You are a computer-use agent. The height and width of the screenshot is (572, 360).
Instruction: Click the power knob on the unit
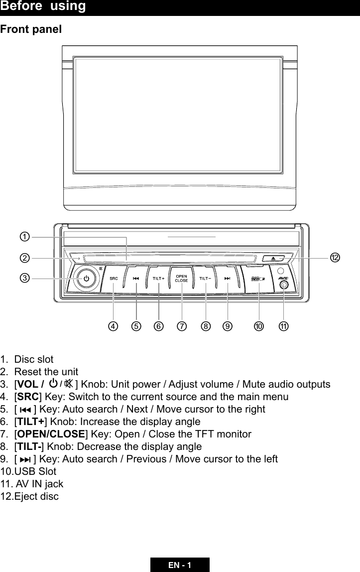pyautogui.click(x=86, y=279)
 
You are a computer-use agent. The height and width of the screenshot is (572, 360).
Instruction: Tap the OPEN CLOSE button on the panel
pyautogui.click(x=181, y=278)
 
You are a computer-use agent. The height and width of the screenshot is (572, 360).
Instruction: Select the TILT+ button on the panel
pyautogui.click(x=158, y=279)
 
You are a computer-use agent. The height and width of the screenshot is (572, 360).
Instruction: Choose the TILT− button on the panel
pyautogui.click(x=205, y=279)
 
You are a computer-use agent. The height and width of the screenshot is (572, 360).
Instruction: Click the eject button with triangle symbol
pyautogui.click(x=273, y=258)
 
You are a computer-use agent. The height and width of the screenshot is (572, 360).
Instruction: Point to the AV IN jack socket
pyautogui.click(x=283, y=286)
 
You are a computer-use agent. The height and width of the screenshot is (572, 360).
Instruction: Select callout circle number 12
pyautogui.click(x=335, y=257)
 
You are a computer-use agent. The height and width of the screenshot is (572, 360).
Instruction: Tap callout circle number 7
pyautogui.click(x=182, y=326)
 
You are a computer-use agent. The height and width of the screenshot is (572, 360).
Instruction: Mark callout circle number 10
pyautogui.click(x=258, y=326)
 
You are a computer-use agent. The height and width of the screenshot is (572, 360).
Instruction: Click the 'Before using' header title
pyautogui.click(x=43, y=6)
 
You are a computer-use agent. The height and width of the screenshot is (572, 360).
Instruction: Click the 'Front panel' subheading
pyautogui.click(x=31, y=29)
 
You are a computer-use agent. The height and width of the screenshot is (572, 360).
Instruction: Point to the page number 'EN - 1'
pyautogui.click(x=180, y=565)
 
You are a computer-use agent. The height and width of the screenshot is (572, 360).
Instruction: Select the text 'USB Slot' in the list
pyautogui.click(x=35, y=471)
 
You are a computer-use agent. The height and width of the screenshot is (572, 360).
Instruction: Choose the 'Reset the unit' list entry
pyautogui.click(x=46, y=372)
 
